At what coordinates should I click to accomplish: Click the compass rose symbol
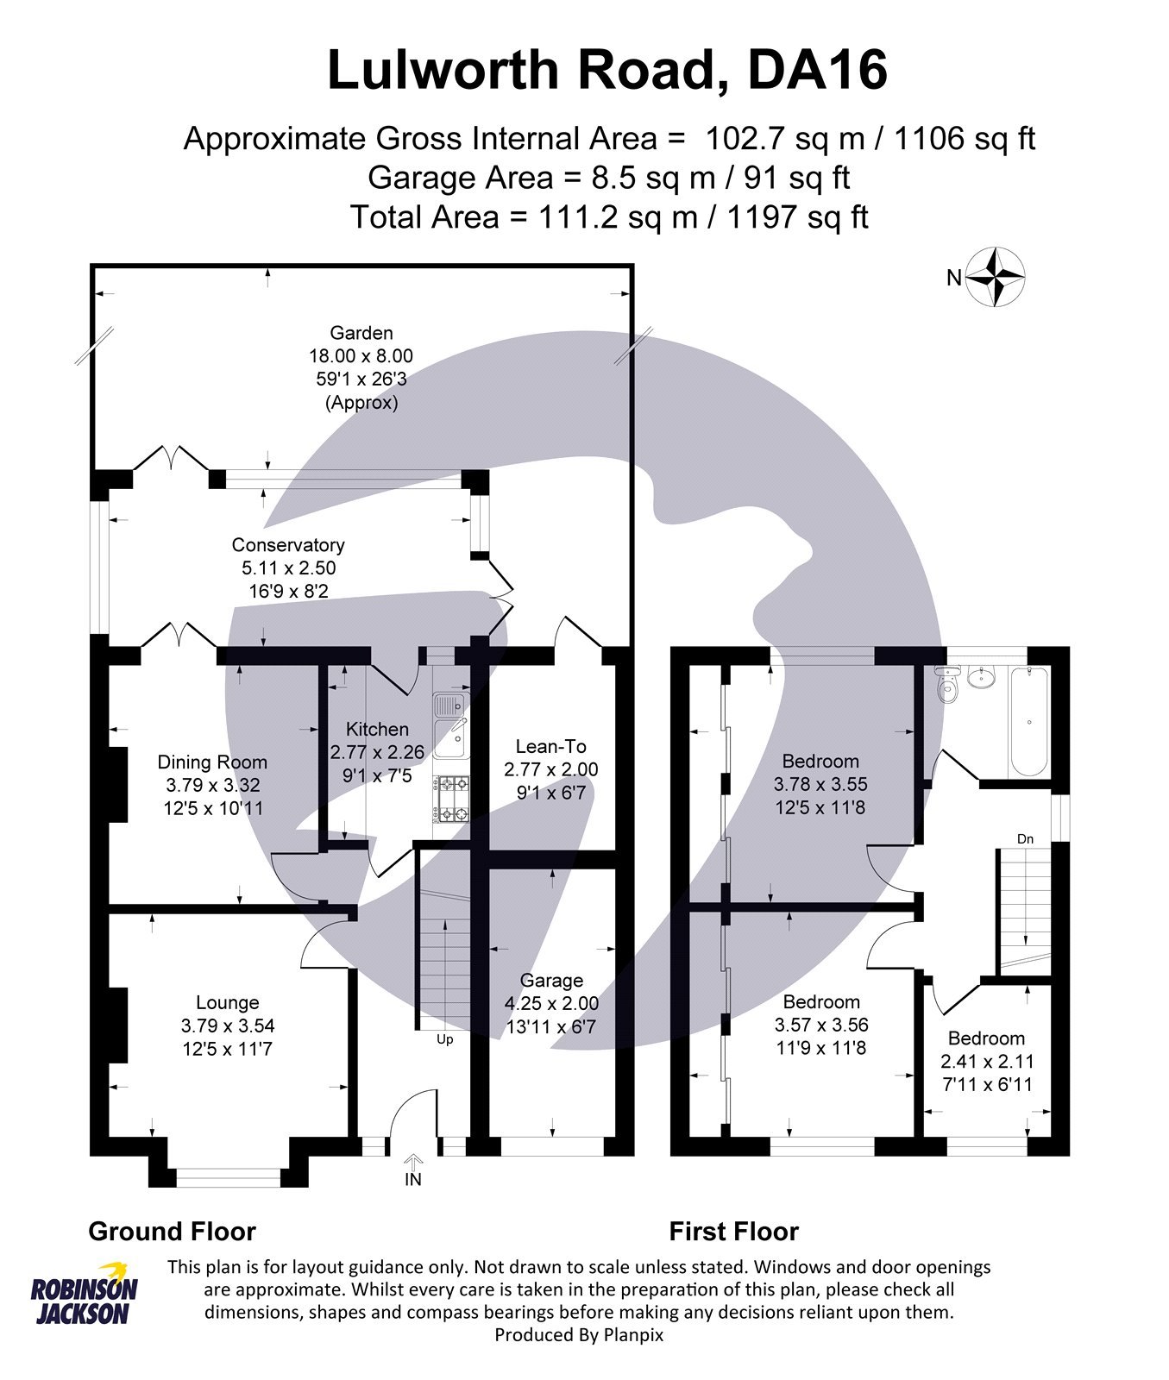[x=996, y=278]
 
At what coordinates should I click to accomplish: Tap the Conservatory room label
[x=288, y=545]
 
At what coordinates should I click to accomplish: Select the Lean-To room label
[x=550, y=747]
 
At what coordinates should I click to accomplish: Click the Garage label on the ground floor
[x=551, y=981]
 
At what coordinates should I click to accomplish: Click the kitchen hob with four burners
[x=452, y=799]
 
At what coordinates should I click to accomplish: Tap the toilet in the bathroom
[x=947, y=682]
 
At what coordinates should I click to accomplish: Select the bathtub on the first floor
[x=1029, y=722]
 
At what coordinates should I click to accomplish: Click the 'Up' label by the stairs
[x=444, y=1039]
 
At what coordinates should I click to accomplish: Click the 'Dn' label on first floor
[x=1025, y=839]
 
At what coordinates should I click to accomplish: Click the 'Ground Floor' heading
[x=172, y=1232]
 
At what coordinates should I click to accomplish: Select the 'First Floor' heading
[x=733, y=1232]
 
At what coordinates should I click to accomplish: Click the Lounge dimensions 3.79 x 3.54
[x=228, y=1026]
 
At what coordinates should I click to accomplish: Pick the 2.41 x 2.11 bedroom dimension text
[x=987, y=1062]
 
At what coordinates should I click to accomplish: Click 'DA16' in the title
[x=816, y=71]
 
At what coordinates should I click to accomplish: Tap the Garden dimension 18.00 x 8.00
[x=361, y=356]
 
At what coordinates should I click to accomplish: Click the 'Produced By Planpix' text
[x=579, y=1335]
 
